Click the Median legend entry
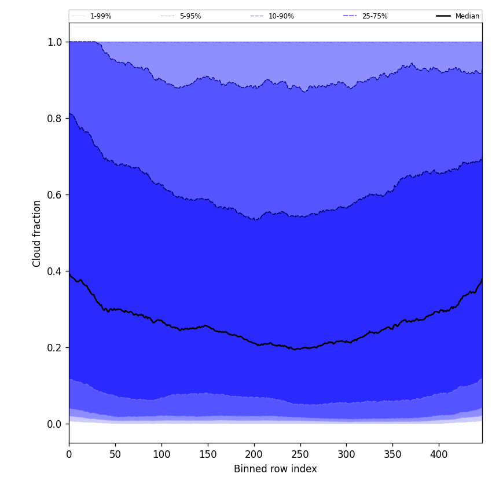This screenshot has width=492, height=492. (x=467, y=16)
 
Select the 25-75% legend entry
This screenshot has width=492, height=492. (x=374, y=16)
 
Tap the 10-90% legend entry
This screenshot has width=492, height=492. (x=281, y=16)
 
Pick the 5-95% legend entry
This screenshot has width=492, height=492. (x=190, y=16)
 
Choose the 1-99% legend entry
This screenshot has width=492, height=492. (x=101, y=16)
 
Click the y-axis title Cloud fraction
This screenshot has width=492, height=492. (x=37, y=233)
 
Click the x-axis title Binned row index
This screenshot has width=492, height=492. (x=275, y=469)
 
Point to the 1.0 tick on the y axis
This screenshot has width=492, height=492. (x=55, y=42)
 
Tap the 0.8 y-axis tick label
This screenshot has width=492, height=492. (x=55, y=119)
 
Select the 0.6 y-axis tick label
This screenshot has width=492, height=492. (x=55, y=195)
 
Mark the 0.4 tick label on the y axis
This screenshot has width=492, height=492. (x=55, y=271)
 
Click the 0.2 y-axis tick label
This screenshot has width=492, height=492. (x=55, y=348)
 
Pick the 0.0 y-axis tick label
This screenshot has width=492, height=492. (x=55, y=424)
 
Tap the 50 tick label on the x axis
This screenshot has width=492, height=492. (x=115, y=454)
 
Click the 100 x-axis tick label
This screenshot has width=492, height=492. (x=161, y=454)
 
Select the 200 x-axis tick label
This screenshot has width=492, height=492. (x=254, y=454)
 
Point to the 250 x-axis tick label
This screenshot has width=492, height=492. (x=300, y=454)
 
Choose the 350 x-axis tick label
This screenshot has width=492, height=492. (x=392, y=454)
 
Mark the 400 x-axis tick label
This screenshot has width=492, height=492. (x=439, y=454)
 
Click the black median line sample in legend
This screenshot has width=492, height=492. (x=443, y=16)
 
